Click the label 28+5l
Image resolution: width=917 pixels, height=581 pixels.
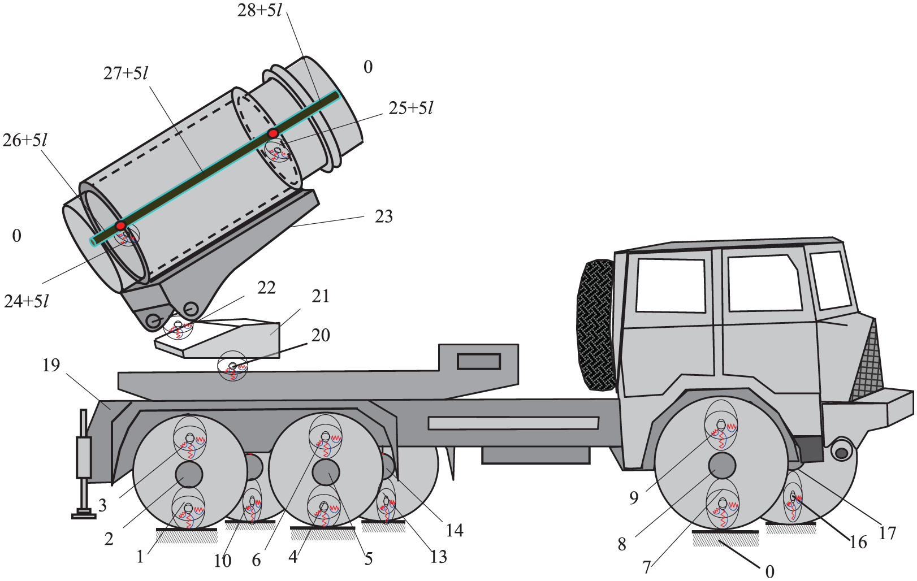point(259,10)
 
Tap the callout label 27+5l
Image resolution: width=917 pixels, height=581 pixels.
point(126,73)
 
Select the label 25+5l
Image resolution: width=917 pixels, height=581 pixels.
point(411,108)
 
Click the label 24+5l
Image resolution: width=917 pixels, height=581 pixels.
point(27,301)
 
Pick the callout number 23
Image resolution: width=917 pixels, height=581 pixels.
point(384,216)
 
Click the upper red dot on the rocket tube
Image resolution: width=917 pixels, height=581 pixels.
point(273,133)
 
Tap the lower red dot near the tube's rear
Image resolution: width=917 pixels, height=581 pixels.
point(120,226)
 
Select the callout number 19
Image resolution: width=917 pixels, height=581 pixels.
point(51,365)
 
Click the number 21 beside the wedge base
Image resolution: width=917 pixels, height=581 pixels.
point(321,296)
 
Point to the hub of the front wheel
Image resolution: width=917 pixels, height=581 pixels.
point(722,465)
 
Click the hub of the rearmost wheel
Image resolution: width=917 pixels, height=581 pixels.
point(188,474)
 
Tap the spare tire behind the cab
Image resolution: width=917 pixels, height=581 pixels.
point(595,324)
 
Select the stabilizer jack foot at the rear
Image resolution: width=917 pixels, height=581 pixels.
point(84,514)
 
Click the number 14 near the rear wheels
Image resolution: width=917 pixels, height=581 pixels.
point(455,530)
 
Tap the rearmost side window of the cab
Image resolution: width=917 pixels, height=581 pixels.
point(671,285)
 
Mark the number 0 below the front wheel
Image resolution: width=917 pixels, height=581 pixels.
point(769,571)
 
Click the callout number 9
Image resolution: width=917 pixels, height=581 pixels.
point(634,497)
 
